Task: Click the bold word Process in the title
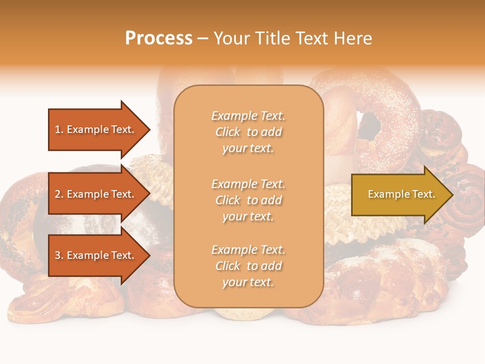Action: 159,38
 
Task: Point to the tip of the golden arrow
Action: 452,195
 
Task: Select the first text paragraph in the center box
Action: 248,132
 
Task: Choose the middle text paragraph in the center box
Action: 248,200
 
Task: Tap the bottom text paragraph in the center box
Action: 248,266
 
